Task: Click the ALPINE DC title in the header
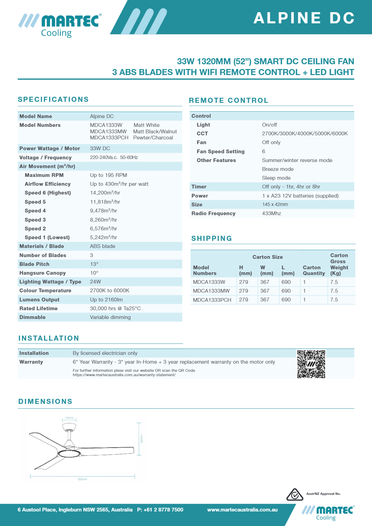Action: pos(304,18)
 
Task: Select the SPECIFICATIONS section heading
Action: pos(53,99)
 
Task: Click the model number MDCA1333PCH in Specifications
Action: pos(109,138)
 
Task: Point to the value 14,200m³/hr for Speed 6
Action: pos(105,193)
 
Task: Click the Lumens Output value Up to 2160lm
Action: pos(106,300)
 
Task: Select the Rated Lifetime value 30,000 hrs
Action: pos(115,308)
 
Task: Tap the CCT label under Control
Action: pos(202,134)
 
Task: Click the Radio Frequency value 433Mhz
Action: pos(271,213)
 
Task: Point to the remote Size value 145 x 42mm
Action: pos(275,205)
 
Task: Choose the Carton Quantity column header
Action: pos(313,270)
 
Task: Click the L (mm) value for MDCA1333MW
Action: pos(286,291)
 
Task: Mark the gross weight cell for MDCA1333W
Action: pos(334,282)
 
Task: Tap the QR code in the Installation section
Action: pos(311,364)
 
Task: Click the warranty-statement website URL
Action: pos(124,375)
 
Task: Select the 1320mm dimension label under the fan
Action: pos(82,479)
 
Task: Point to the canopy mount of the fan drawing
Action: pos(69,427)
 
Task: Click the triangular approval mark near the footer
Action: pos(295,495)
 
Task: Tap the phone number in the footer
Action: pos(160,510)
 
